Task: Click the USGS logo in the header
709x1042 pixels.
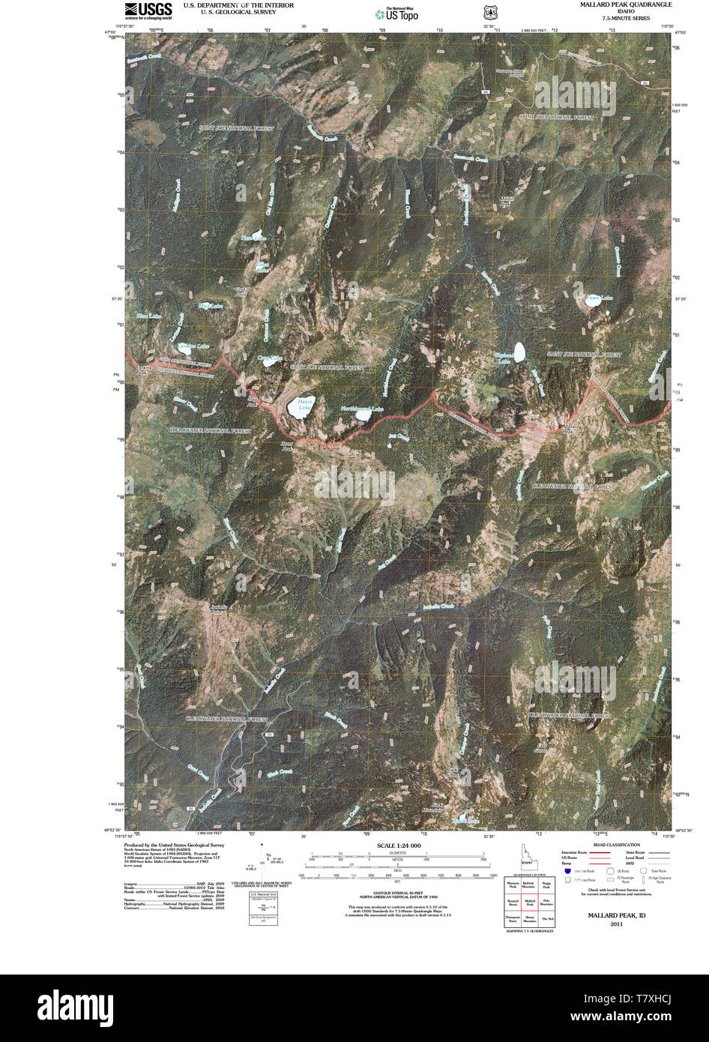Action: tap(148, 10)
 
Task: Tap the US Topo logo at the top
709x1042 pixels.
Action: tap(397, 13)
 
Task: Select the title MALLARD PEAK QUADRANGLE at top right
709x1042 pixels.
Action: tap(615, 4)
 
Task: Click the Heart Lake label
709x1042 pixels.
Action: tap(304, 406)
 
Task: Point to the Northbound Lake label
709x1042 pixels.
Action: tap(362, 409)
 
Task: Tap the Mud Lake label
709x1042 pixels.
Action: tap(211, 306)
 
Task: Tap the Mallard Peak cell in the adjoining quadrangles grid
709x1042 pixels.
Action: tap(529, 903)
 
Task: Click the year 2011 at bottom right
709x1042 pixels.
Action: tap(616, 924)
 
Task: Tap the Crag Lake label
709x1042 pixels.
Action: tap(270, 359)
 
